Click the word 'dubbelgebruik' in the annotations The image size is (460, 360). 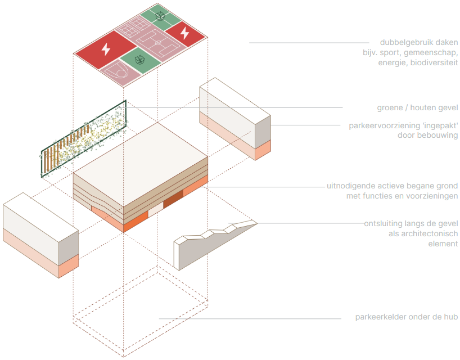[x=391, y=43]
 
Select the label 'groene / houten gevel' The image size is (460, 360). [x=417, y=107]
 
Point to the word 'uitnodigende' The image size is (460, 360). [x=350, y=186]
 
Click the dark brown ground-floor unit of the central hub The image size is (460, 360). [x=174, y=200]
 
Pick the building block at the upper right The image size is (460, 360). [x=235, y=118]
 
